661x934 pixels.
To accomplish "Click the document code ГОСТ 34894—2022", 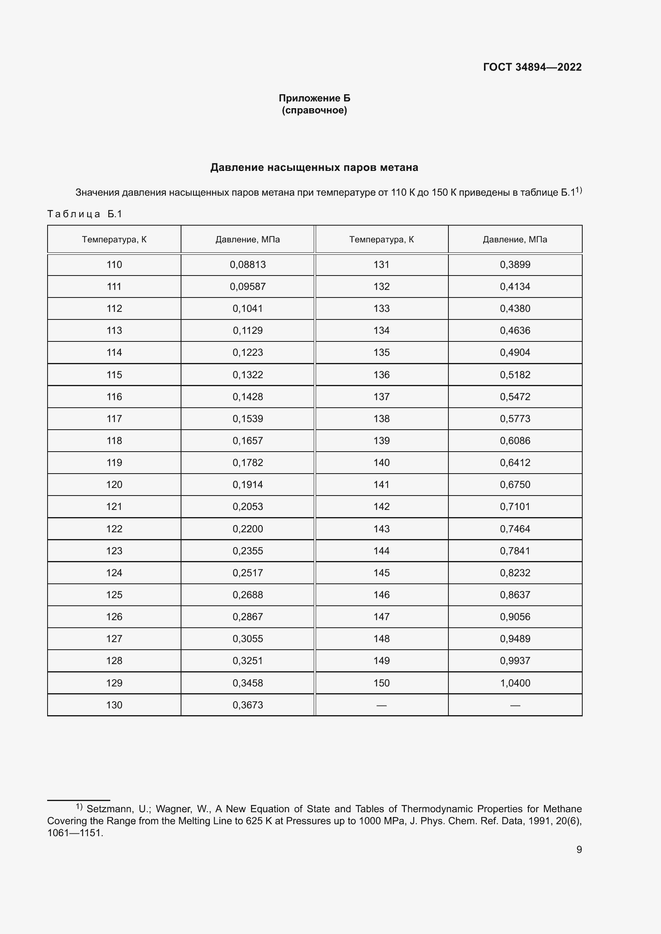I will pyautogui.click(x=532, y=67).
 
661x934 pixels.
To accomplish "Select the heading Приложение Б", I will pyautogui.click(x=314, y=98).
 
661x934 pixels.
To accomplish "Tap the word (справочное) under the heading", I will pyautogui.click(x=314, y=110).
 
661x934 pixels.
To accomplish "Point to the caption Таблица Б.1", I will pyautogui.click(x=85, y=214).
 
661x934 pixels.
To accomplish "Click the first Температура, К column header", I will pyautogui.click(x=114, y=239).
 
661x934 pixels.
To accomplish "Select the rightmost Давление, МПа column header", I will pyautogui.click(x=515, y=239).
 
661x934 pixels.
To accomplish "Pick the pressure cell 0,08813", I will pyautogui.click(x=247, y=265).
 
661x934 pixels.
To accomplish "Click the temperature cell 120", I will pyautogui.click(x=114, y=484).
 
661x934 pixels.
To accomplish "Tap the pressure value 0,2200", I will pyautogui.click(x=247, y=529).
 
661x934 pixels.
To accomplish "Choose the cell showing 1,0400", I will pyautogui.click(x=515, y=683).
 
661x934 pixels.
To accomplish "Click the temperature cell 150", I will pyautogui.click(x=381, y=683).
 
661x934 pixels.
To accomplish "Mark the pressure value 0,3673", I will pyautogui.click(x=247, y=705).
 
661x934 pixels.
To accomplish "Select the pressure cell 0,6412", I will pyautogui.click(x=515, y=462).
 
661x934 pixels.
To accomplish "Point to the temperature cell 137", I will pyautogui.click(x=381, y=397).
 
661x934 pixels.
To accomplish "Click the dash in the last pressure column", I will pyautogui.click(x=515, y=705).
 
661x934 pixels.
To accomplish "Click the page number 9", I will pyautogui.click(x=579, y=849).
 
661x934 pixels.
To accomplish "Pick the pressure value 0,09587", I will pyautogui.click(x=247, y=287).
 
